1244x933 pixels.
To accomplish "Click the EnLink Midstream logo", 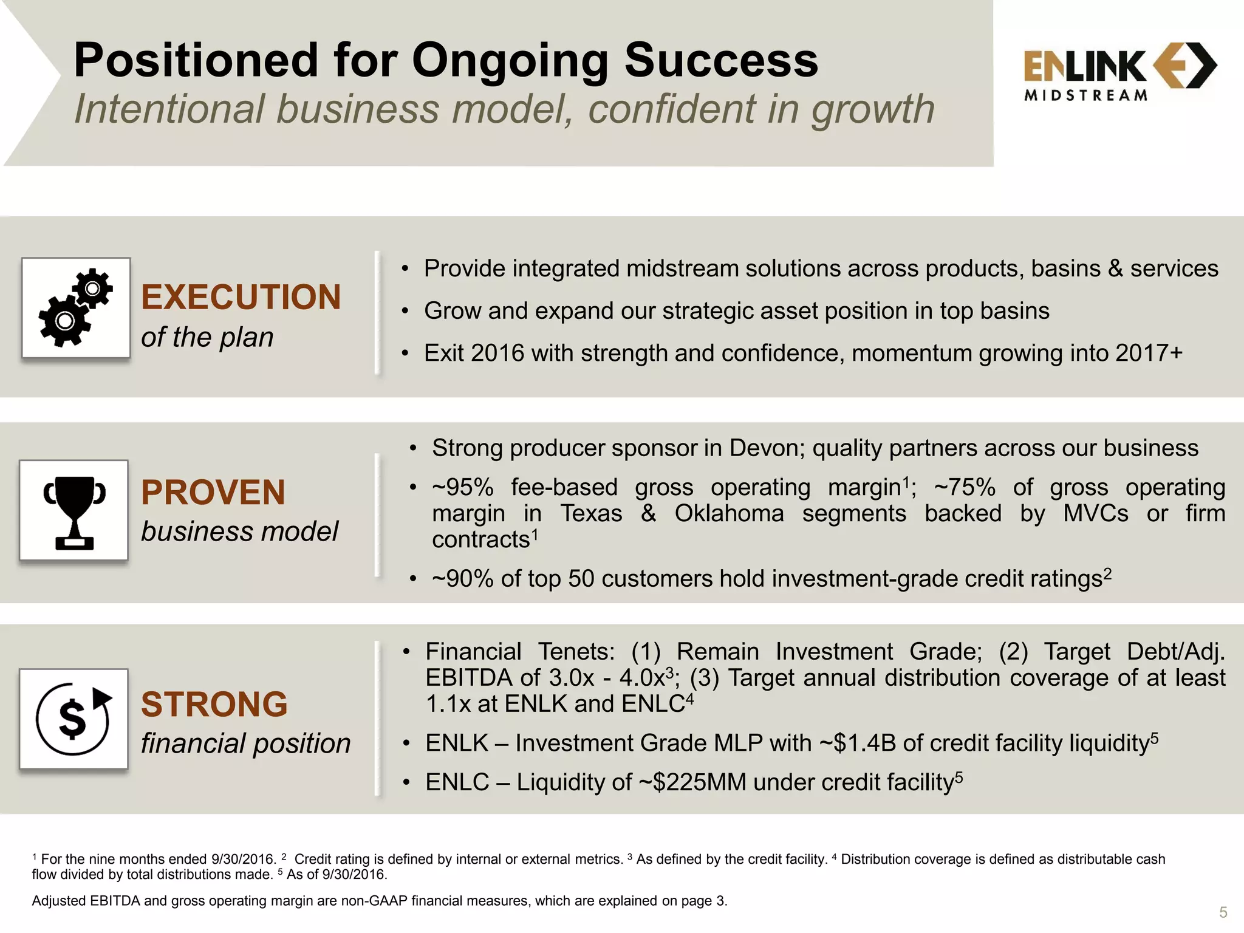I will (1119, 71).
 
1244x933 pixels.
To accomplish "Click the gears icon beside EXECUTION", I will (76, 307).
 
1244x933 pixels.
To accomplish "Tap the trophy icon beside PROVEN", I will (74, 510).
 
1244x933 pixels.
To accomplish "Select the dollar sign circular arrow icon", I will (73, 719).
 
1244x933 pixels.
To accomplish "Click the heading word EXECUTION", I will (241, 297).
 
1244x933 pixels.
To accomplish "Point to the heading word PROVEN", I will (213, 492).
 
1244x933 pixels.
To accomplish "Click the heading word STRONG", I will (214, 704).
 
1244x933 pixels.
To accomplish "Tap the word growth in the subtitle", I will (873, 109).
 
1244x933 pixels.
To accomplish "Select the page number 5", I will (1223, 912).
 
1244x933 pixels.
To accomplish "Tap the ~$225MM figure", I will (692, 782).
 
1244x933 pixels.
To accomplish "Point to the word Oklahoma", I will (729, 514).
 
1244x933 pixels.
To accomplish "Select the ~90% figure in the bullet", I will (462, 579).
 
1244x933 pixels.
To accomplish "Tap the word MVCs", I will (1095, 514).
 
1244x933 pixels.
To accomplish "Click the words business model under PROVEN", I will (239, 531).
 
